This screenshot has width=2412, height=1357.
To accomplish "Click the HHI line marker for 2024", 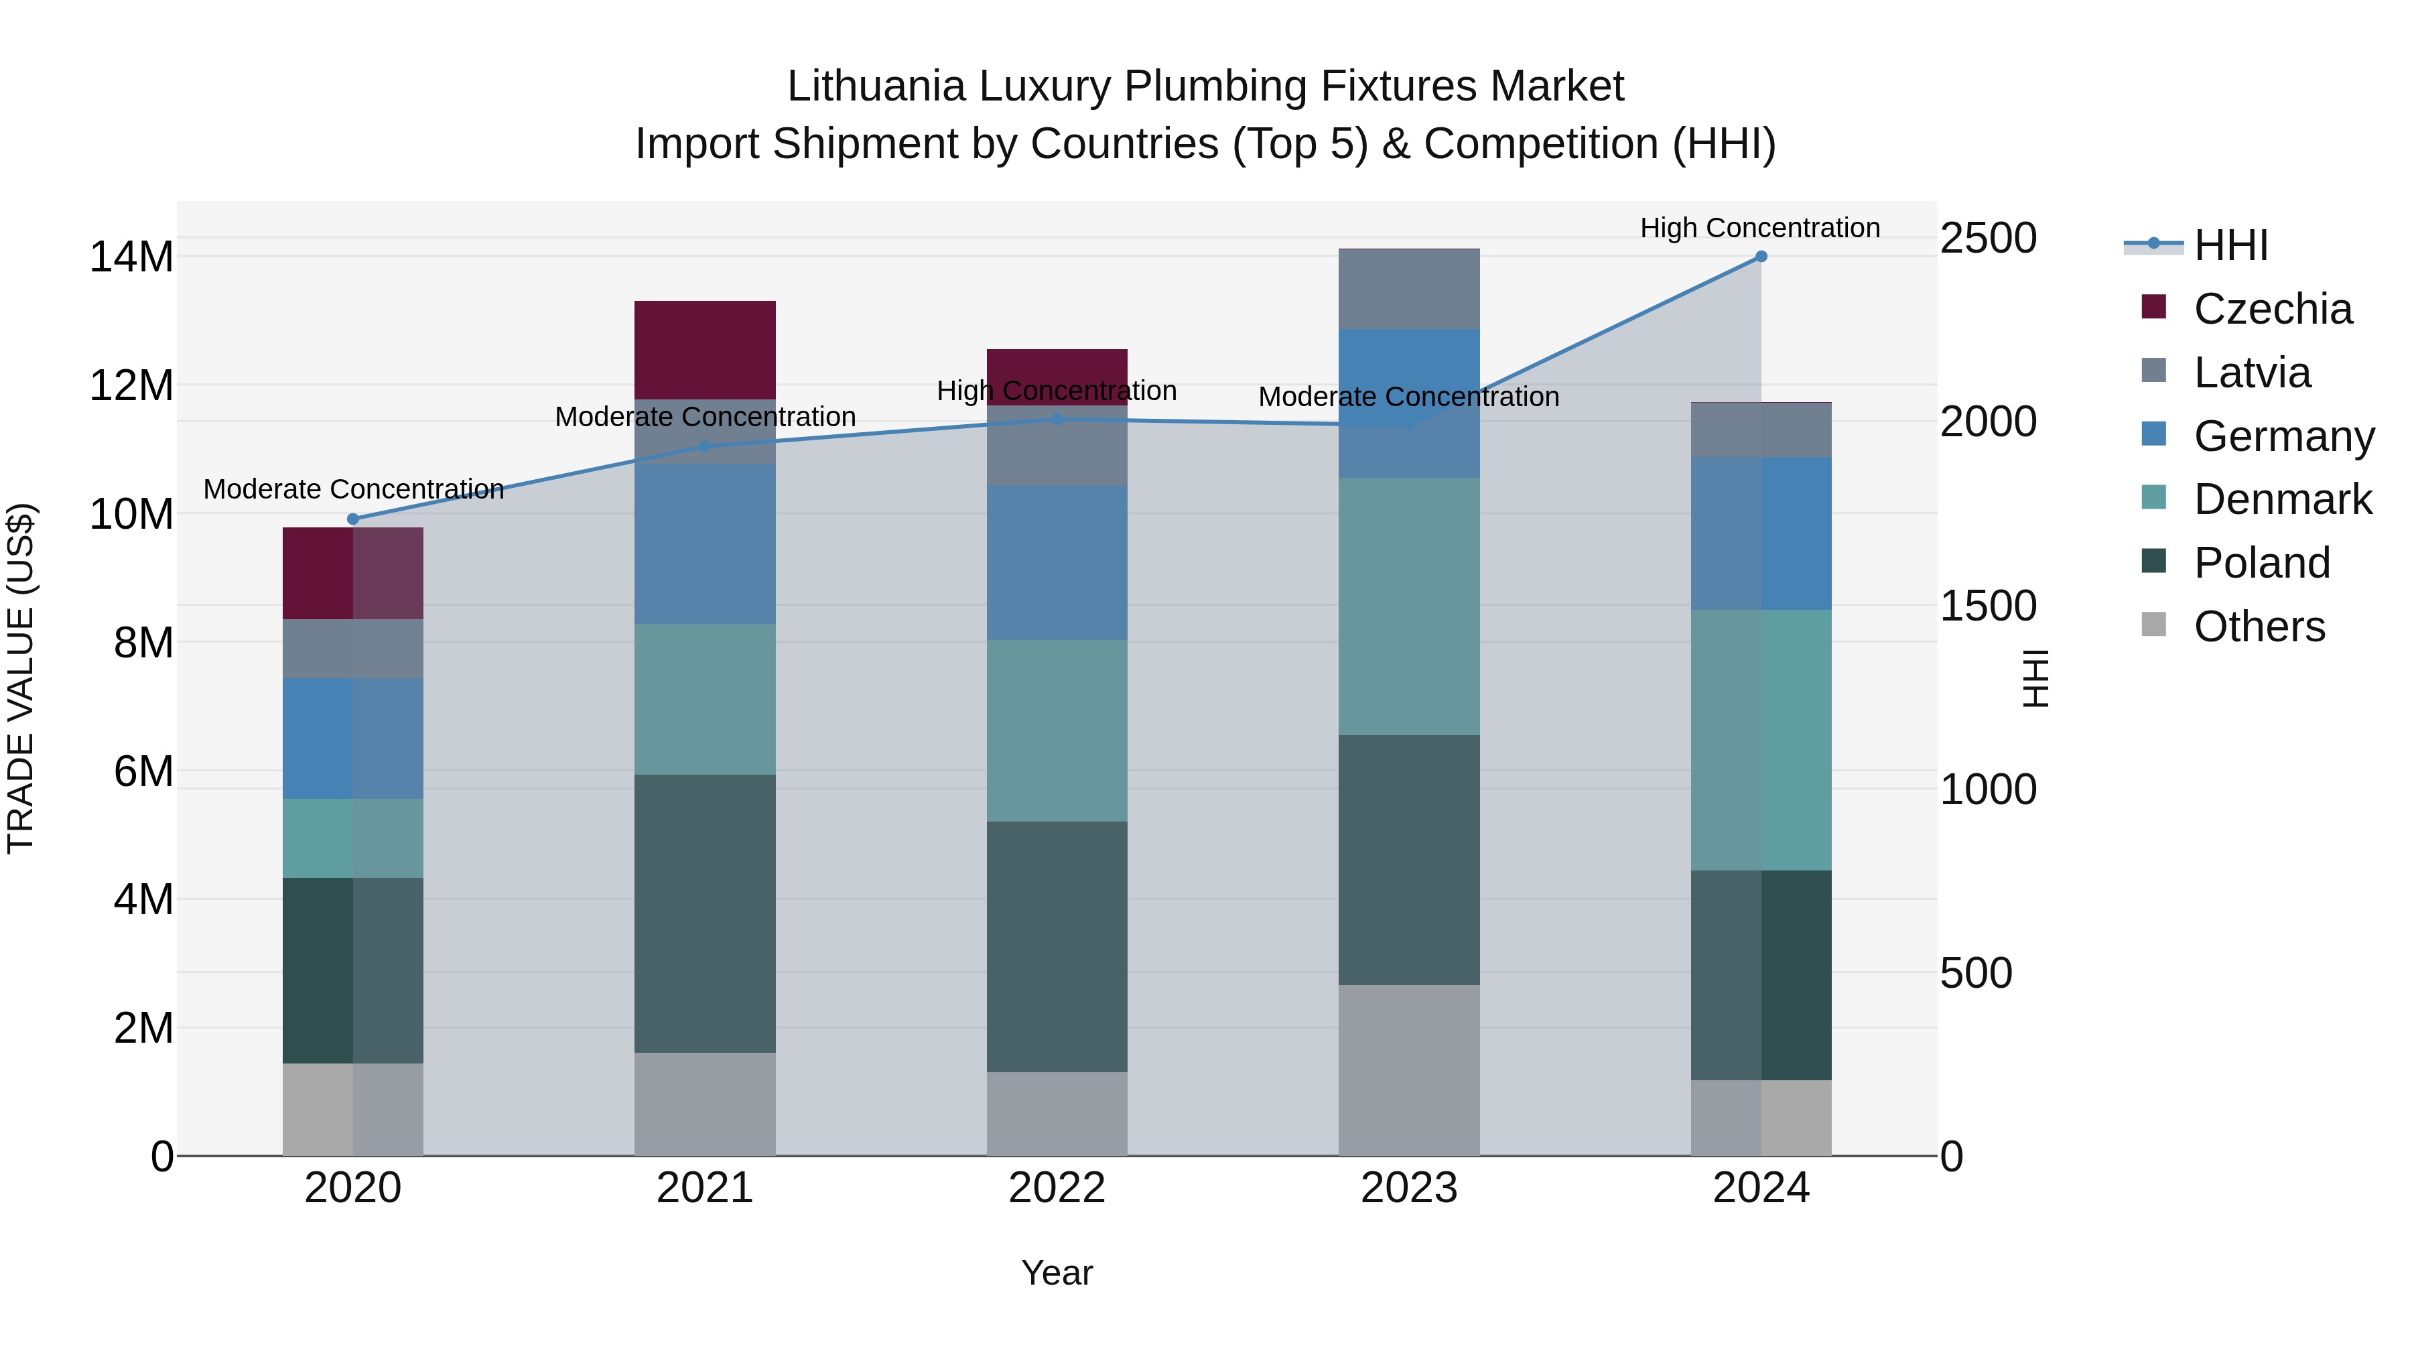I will tap(1760, 257).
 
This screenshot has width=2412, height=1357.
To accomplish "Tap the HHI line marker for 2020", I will tap(353, 519).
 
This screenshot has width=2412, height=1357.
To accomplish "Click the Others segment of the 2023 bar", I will tap(1408, 1070).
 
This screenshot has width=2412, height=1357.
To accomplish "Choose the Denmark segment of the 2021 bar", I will tap(705, 699).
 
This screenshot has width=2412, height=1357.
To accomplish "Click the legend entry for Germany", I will tap(2283, 436).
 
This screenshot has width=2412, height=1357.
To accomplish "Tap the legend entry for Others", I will tap(2259, 627).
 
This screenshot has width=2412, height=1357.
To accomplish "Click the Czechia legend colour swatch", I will tap(2153, 307).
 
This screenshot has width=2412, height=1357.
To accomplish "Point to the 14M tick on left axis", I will tap(131, 257).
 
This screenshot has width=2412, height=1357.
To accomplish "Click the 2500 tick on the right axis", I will tap(1987, 238).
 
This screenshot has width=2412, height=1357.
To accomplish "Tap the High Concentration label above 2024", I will tap(1759, 228).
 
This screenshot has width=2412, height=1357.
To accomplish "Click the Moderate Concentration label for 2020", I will tap(353, 489).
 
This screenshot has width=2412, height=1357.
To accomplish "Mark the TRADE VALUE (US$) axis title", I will tap(21, 678).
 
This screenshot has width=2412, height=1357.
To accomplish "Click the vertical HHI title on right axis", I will tap(2035, 678).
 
